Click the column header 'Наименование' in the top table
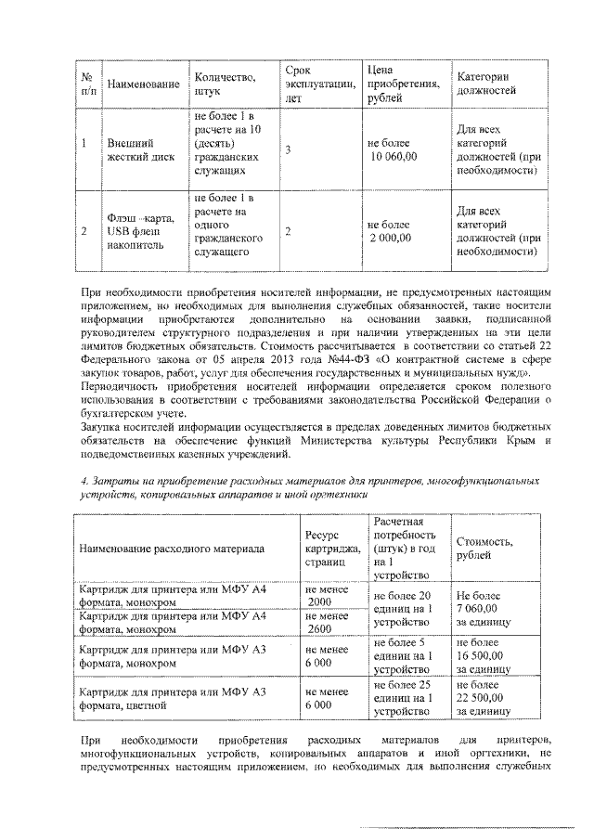[143, 84]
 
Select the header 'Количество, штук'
[226, 84]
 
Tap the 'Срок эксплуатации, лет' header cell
[320, 84]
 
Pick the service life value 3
[288, 150]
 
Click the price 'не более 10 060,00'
[394, 150]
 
